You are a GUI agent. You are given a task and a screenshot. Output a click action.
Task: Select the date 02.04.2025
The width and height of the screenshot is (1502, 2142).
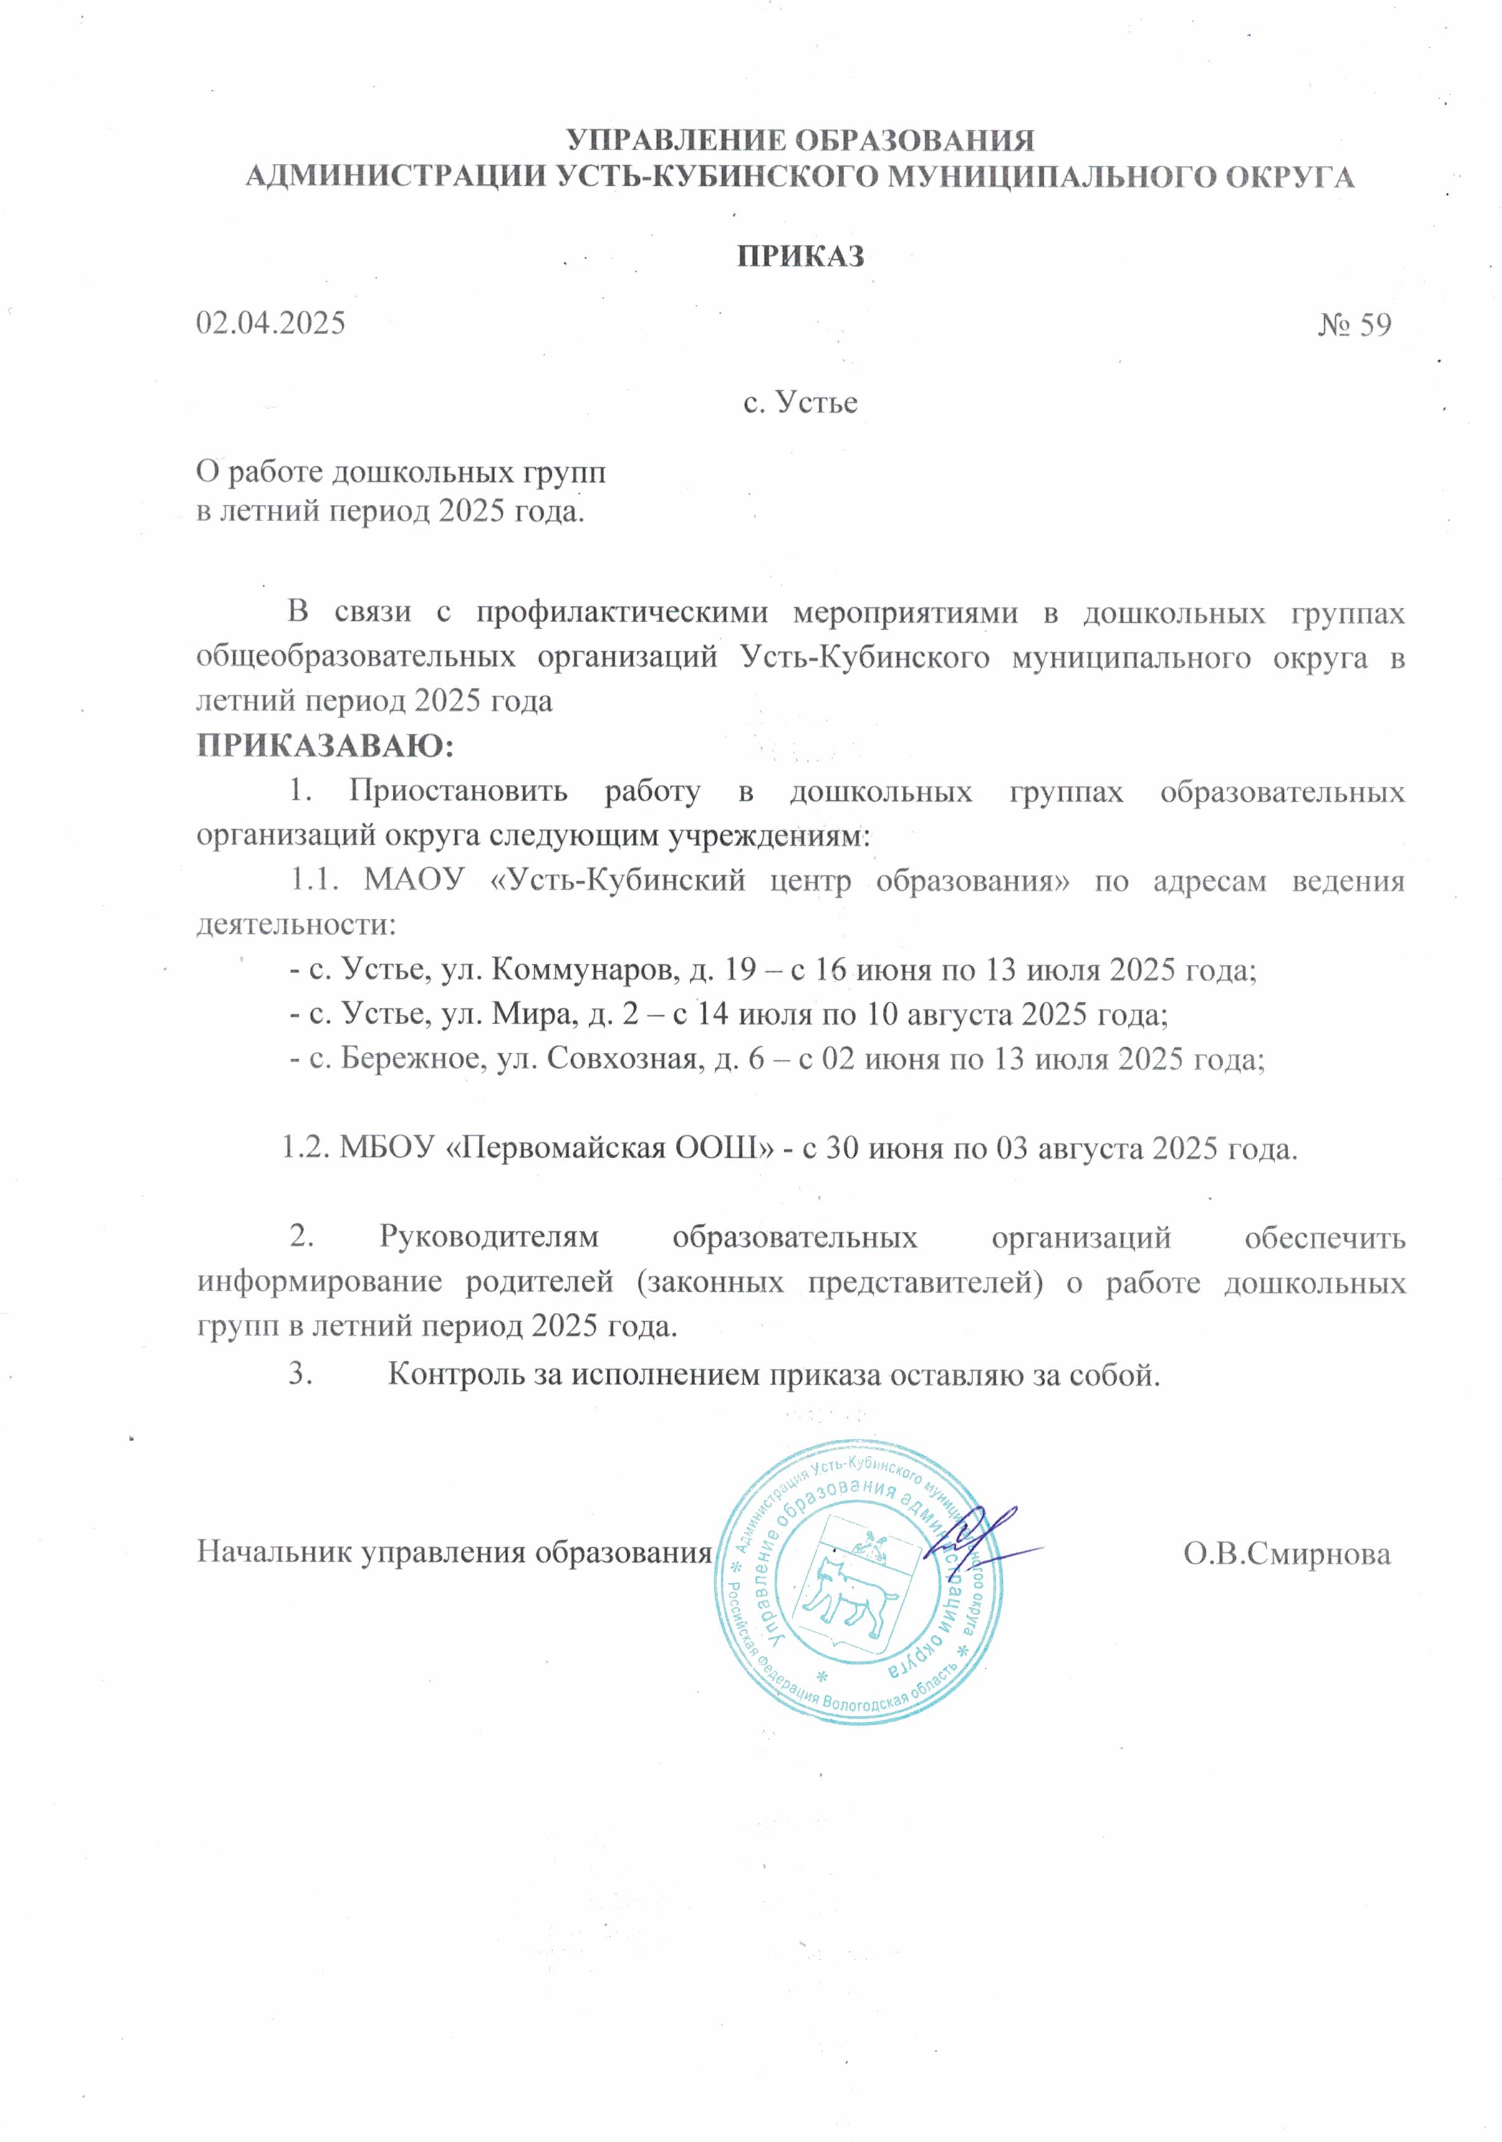(271, 323)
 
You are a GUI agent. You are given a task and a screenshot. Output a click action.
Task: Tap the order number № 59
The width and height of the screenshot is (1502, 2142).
(1355, 325)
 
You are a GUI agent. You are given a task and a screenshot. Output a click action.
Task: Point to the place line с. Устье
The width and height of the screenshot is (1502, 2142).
(801, 402)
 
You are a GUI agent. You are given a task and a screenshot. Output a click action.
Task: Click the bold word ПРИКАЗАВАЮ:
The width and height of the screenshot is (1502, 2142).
(325, 746)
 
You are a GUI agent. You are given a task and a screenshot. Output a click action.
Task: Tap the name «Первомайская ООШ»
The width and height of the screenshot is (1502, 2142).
(611, 1148)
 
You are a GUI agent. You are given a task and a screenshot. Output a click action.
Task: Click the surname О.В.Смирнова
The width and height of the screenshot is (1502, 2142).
(1288, 1554)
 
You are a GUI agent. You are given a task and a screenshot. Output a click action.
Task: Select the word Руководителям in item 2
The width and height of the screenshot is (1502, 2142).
(489, 1237)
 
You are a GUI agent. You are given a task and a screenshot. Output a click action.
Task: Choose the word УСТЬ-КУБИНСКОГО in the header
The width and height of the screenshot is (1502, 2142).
(718, 176)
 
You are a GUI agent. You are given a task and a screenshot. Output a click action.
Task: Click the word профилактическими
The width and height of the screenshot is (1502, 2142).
(622, 613)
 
